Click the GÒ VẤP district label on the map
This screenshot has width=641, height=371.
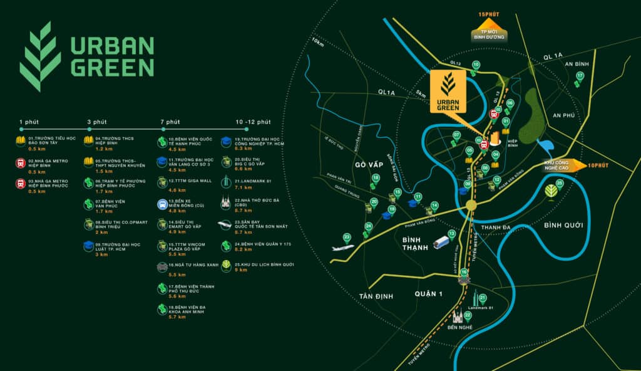[368, 165]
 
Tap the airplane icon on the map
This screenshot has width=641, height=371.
[343, 246]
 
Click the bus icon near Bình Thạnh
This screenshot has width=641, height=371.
[441, 242]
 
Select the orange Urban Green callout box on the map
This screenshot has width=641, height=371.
[448, 91]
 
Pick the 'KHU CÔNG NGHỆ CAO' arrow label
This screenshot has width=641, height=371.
[552, 165]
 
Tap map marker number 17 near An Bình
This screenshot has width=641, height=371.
[580, 76]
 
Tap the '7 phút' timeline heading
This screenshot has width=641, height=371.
[170, 122]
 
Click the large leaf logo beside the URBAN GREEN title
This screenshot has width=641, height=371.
[41, 56]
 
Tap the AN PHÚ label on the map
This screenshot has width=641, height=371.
[564, 115]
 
